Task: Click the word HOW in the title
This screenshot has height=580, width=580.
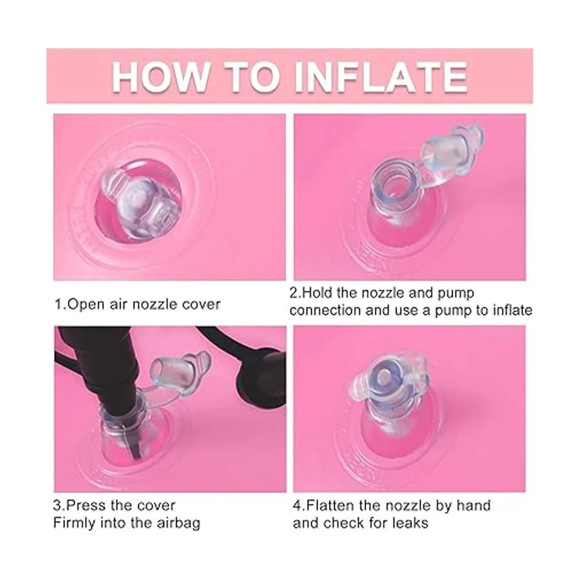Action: (159, 77)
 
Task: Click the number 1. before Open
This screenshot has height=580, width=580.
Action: (60, 304)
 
